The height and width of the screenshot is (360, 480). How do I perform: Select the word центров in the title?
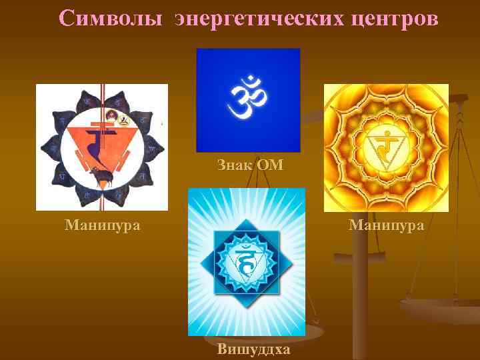click(x=399, y=19)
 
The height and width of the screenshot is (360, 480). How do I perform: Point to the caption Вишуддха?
click(x=253, y=349)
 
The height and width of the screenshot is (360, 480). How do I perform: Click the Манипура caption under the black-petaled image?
click(x=103, y=225)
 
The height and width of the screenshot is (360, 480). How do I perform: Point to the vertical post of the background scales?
click(x=361, y=280)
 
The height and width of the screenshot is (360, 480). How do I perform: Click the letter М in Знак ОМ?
click(x=275, y=164)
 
